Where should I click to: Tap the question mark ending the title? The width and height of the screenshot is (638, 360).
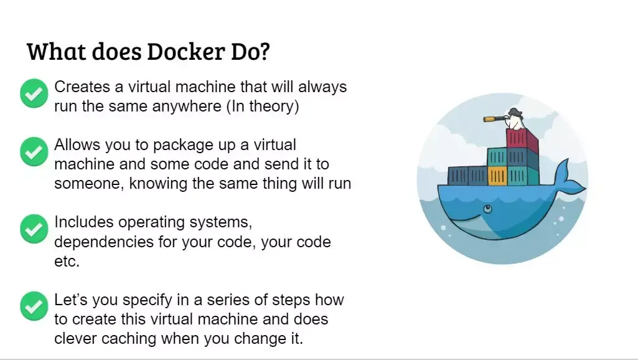pos(263,51)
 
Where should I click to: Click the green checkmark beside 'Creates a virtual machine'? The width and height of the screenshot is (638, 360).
pos(34,93)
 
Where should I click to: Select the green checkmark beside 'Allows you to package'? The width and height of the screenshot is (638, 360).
pos(34,151)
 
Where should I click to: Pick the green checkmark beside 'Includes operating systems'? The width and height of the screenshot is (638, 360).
pos(34,229)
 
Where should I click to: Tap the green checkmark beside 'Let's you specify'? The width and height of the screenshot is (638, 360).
pos(34,306)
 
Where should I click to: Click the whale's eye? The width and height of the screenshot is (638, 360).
pos(487,207)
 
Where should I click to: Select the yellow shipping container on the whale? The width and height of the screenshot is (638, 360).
pos(497,176)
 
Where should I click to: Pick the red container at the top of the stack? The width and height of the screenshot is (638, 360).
pos(522,138)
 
